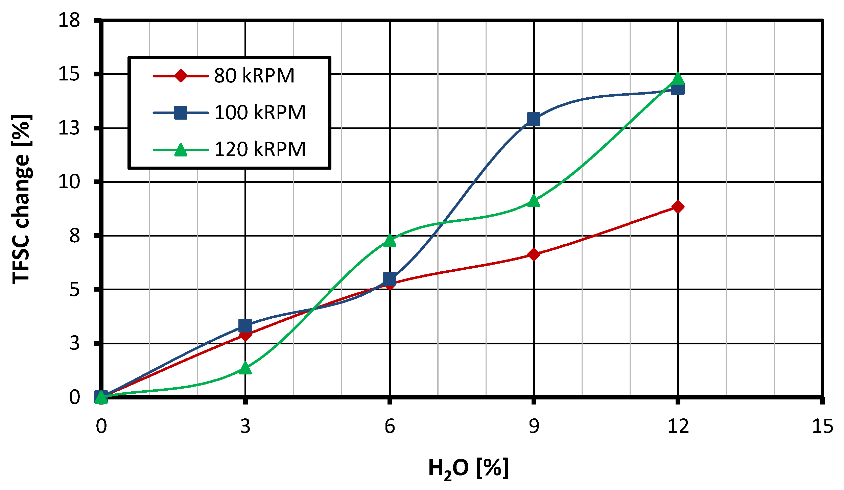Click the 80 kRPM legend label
(x=254, y=76)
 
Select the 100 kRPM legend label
(x=260, y=113)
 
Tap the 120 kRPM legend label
(x=260, y=149)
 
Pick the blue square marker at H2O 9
(x=534, y=119)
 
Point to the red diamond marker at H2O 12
(x=678, y=207)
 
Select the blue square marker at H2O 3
(x=245, y=326)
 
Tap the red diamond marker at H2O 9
(x=534, y=254)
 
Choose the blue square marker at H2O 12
(x=678, y=90)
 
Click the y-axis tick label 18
(x=69, y=20)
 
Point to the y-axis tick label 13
(x=69, y=128)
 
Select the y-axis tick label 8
(x=75, y=236)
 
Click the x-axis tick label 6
(x=390, y=426)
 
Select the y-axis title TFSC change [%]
(x=21, y=199)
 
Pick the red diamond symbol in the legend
(x=181, y=76)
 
